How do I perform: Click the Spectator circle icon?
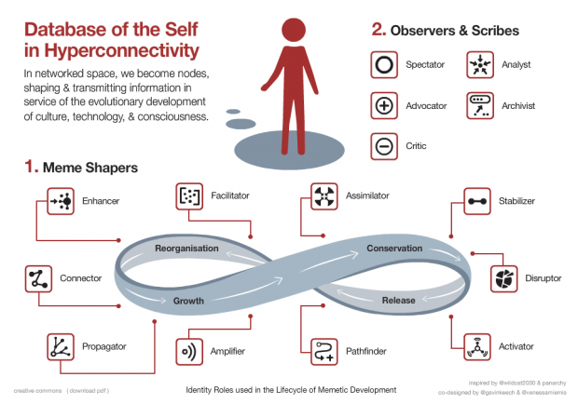(384, 66)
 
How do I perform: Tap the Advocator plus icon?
(384, 106)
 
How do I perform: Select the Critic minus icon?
(384, 146)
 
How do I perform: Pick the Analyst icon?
(480, 66)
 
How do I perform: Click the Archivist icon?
(480, 105)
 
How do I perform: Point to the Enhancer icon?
(61, 200)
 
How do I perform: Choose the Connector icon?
(38, 278)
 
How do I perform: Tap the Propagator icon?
(61, 347)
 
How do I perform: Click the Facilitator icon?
(189, 197)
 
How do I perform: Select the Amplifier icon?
(189, 352)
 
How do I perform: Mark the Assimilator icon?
(323, 197)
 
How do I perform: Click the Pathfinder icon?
(323, 352)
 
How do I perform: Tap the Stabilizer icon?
(476, 200)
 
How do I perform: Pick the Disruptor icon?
(504, 276)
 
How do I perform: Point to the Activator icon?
(476, 347)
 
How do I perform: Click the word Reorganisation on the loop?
(187, 249)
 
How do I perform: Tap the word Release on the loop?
(399, 300)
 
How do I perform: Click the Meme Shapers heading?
(89, 168)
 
